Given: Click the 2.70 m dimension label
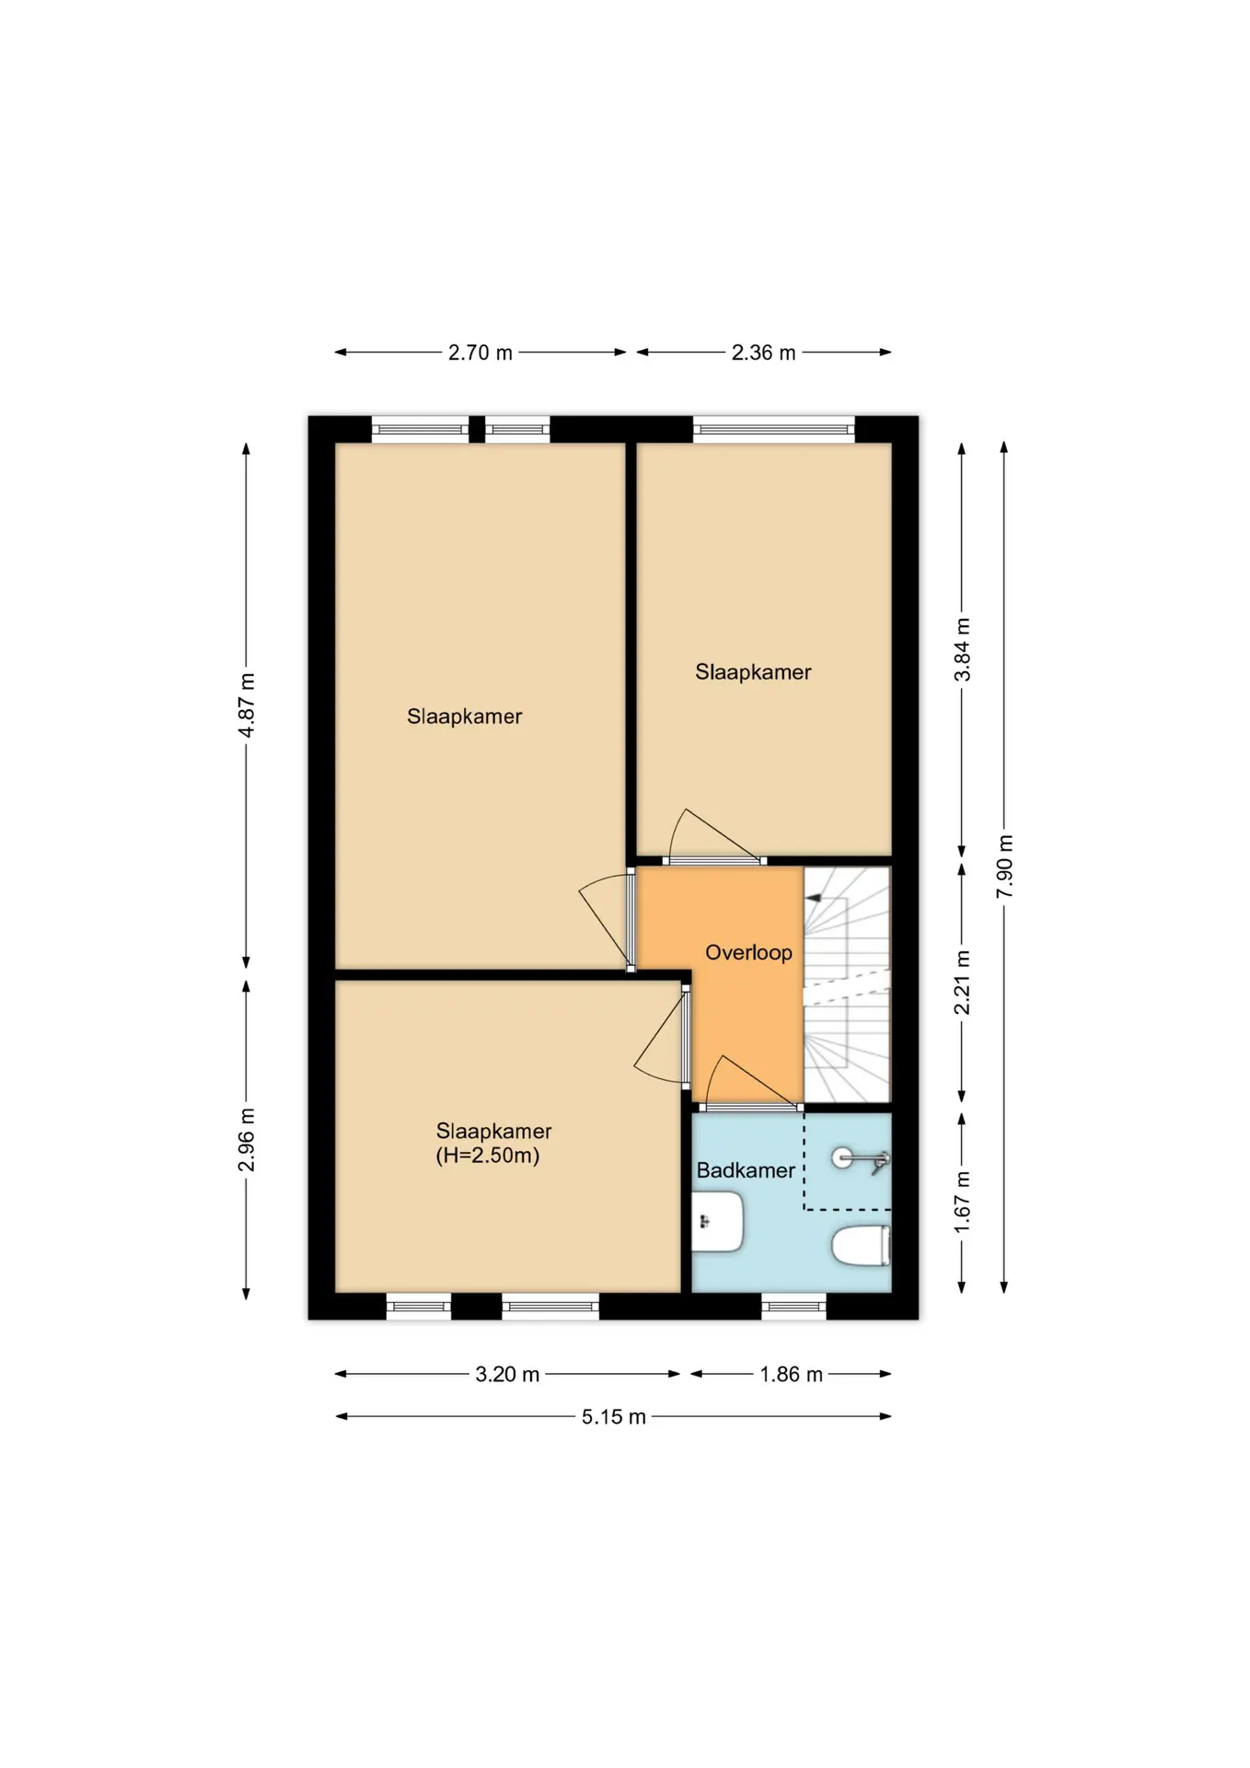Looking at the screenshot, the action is pos(480,353).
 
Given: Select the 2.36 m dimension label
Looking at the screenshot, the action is pos(763,353).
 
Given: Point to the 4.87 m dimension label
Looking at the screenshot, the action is pos(247,704).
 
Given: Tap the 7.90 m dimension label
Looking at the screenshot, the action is pos(1004,867).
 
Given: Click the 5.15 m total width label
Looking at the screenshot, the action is pos(613,1416).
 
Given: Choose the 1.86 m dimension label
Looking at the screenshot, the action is pos(791,1374).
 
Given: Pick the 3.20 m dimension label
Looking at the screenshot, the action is pos(507,1374).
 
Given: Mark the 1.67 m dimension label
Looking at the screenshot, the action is pos(962,1203).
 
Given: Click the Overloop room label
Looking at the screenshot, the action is pos(748,952).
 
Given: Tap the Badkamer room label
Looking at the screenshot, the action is pos(746,1170).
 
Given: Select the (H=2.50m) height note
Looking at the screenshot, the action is pos(487,1156).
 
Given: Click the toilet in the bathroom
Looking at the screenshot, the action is pos(861,1246).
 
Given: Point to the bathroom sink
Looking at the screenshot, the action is pos(717,1222).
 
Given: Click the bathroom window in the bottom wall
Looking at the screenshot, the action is pos(793,1306).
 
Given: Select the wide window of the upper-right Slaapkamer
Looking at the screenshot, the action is pos(773,429).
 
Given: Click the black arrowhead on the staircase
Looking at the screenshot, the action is pos(813,897).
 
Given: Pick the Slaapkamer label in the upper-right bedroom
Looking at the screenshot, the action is pos(753,672).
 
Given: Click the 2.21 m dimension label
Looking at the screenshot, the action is pos(962,982).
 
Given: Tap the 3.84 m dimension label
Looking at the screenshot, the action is pos(962,649).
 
